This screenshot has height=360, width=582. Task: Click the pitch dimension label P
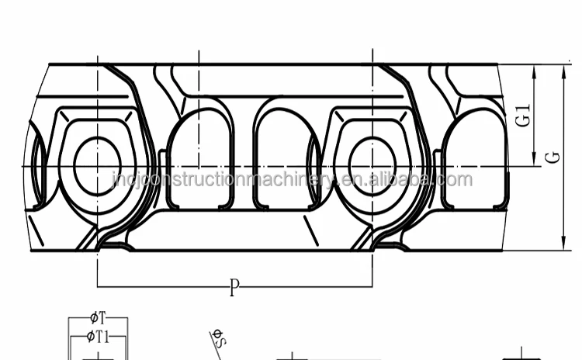click(x=234, y=289)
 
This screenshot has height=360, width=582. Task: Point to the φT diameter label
click(x=98, y=318)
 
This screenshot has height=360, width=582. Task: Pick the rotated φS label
click(x=219, y=337)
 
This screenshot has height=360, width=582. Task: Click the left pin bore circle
click(x=98, y=165)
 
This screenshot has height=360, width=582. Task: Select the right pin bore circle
click(x=372, y=165)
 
